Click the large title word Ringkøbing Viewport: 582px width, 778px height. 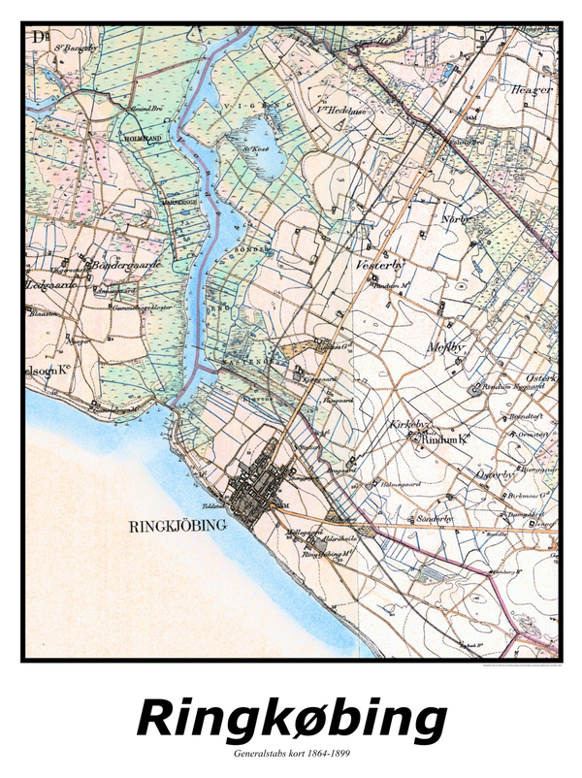291,720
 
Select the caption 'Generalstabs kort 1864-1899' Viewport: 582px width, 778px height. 291,753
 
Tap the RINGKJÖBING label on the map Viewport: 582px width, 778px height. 177,526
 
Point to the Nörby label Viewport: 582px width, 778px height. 454,219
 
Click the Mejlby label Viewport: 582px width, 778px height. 447,347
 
